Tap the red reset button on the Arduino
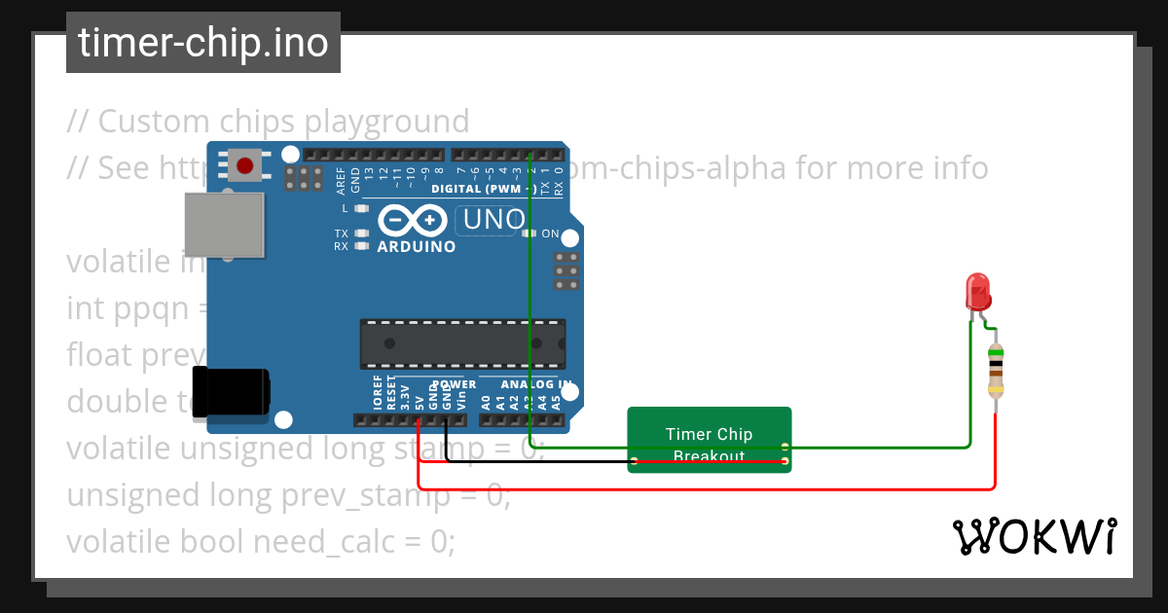click(244, 165)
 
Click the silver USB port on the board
click(226, 225)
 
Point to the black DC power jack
click(232, 392)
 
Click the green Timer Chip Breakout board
click(709, 440)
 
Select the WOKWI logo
click(1034, 537)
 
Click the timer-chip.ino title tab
click(203, 44)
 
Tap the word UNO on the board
click(493, 220)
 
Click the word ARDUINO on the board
click(416, 247)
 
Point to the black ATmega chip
click(462, 343)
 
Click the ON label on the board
click(550, 234)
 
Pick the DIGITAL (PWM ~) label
click(483, 188)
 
